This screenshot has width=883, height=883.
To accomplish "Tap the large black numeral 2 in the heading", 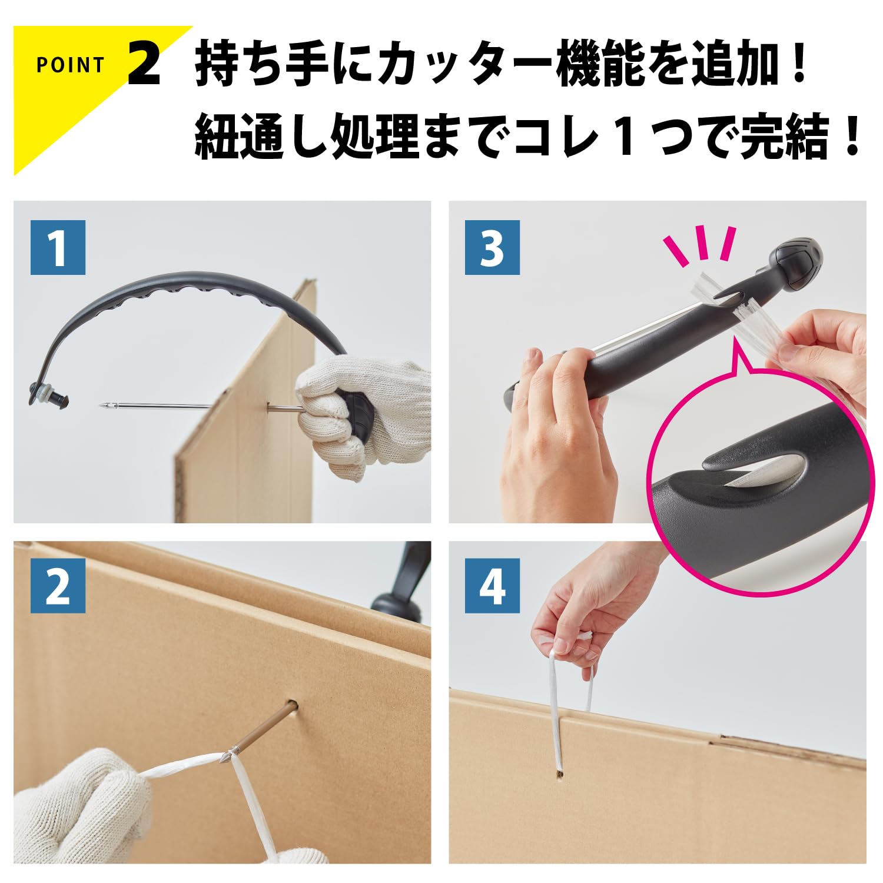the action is click(144, 64).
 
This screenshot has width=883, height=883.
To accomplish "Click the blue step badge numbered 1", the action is click(58, 247).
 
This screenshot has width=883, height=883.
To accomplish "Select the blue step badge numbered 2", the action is click(58, 586).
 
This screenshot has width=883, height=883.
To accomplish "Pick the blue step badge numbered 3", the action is click(492, 247).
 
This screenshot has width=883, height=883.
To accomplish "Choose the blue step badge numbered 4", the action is click(492, 586).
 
